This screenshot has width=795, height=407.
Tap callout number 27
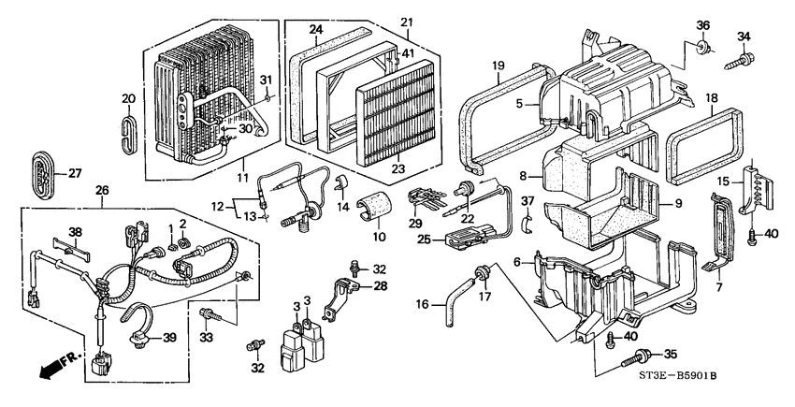(x=75, y=173)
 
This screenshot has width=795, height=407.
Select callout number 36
(x=702, y=25)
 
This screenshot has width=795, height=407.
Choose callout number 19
(x=499, y=65)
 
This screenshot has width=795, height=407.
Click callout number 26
(x=102, y=191)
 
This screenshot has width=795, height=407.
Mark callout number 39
(x=170, y=337)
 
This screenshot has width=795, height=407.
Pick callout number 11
(x=242, y=177)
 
